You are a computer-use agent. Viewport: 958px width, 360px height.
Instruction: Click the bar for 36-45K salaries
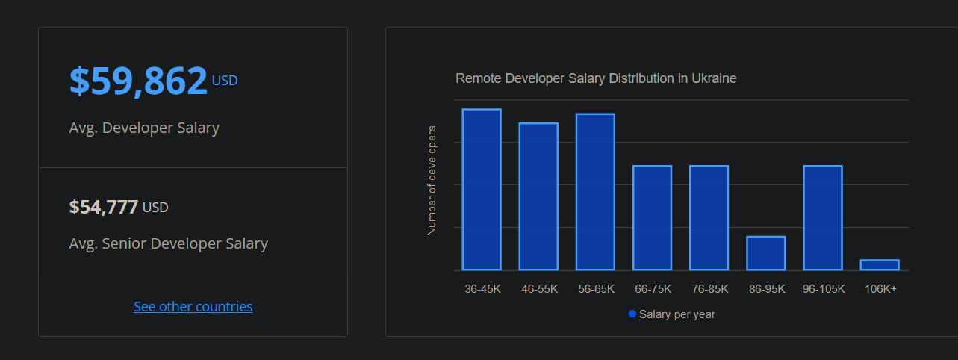482,190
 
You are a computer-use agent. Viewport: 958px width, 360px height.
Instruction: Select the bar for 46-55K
538,196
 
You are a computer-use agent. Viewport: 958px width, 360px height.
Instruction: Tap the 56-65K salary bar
595,192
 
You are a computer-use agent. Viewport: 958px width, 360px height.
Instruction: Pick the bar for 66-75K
652,217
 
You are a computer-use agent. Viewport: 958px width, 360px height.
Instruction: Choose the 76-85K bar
709,217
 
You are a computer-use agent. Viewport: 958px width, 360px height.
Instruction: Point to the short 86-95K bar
765,253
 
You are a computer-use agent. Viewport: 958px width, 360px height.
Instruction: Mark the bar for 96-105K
823,217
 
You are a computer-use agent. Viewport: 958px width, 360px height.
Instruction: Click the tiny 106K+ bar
880,264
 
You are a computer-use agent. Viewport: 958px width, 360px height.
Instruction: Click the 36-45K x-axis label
482,289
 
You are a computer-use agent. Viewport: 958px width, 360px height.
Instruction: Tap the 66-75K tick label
652,289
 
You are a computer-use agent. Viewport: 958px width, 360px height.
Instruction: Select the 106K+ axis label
880,289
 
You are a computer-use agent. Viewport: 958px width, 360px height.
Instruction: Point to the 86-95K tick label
766,289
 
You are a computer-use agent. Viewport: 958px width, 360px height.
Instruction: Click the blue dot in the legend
632,314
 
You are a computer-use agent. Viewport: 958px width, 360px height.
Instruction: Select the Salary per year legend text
676,314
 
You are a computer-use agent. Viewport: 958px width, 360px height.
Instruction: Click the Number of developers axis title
432,181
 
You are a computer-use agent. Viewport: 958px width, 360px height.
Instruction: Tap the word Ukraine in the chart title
714,78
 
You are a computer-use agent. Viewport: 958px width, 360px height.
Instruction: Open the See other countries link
193,307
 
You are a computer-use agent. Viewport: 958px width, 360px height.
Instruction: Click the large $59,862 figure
138,81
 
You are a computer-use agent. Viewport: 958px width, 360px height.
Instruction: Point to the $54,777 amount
103,207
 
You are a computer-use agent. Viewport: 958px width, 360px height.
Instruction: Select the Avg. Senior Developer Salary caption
168,243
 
